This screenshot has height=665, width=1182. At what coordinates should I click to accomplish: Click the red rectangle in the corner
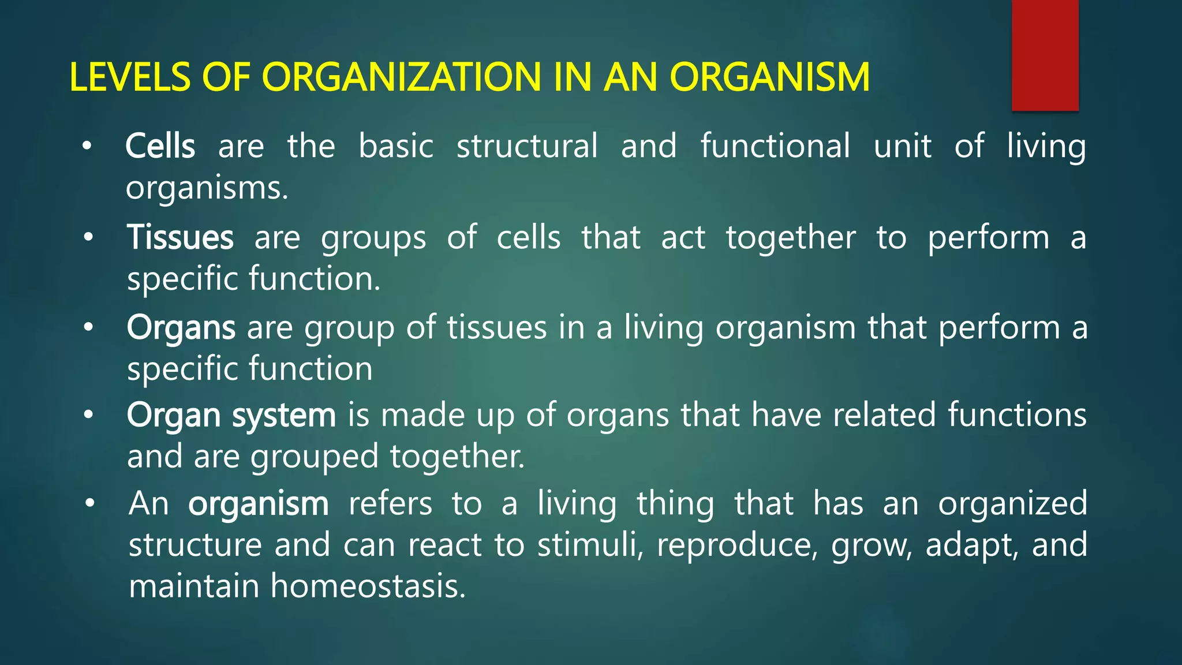pos(1045,55)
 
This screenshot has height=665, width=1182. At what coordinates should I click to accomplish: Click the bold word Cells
pos(160,146)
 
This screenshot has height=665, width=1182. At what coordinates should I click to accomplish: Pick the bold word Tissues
pos(180,237)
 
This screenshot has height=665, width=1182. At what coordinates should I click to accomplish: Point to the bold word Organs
pos(181,328)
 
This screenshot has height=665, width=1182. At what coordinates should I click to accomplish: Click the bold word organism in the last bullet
pos(258,503)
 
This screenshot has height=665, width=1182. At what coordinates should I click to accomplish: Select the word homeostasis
pos(368,586)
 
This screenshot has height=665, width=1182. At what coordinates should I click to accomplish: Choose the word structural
pos(527,146)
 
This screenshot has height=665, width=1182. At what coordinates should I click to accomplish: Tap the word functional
pos(775,146)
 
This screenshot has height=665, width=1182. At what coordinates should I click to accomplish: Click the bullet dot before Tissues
pos(88,237)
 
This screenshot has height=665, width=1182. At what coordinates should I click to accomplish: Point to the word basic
pos(396,146)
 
